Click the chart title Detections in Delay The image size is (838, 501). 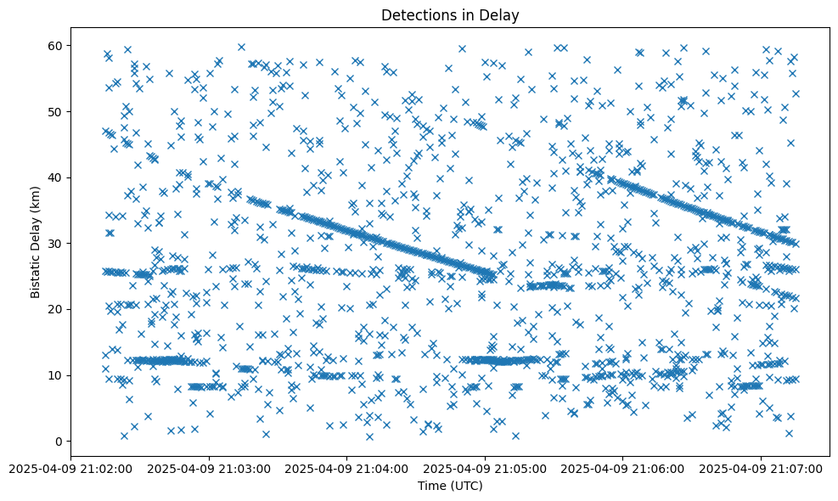pos(450,15)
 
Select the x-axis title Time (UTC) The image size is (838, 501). pos(450,486)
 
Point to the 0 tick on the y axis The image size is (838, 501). pos(59,442)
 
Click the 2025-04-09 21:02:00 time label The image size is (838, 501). pos(71,468)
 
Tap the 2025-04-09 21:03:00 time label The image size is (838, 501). pos(209,468)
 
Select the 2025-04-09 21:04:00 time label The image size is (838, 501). pos(346,468)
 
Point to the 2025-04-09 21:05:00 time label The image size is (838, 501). pos(485,468)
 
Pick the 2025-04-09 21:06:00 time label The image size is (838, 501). pos(622,468)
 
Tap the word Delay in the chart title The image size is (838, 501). pos(502,15)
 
